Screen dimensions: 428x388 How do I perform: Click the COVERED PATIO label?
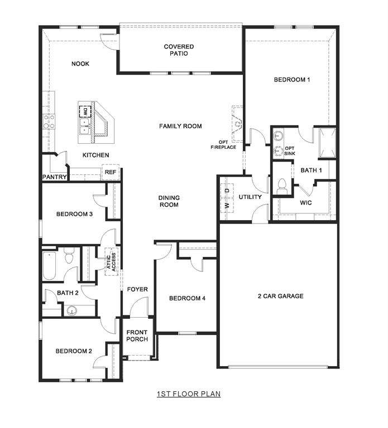point(179,50)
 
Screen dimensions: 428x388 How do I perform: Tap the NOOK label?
point(80,64)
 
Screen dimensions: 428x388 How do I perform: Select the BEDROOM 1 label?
point(291,80)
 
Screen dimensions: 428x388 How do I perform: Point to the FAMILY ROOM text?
point(180,127)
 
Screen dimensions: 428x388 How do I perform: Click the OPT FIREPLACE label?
point(223,144)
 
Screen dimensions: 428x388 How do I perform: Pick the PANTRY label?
point(55,177)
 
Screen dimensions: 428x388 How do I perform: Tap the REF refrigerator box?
point(111,173)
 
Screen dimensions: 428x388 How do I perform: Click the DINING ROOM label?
point(169,201)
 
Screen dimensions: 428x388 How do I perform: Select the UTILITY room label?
point(250,197)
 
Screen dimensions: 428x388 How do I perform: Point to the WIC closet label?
point(305,203)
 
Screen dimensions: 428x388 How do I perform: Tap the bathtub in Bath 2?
point(49,266)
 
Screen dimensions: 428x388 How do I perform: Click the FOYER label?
point(137,289)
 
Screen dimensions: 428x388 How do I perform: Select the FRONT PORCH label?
point(137,336)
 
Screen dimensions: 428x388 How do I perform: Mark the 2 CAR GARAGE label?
point(280,296)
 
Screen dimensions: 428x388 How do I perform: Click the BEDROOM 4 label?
point(187,299)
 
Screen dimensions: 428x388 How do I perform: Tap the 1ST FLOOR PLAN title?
point(188,394)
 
